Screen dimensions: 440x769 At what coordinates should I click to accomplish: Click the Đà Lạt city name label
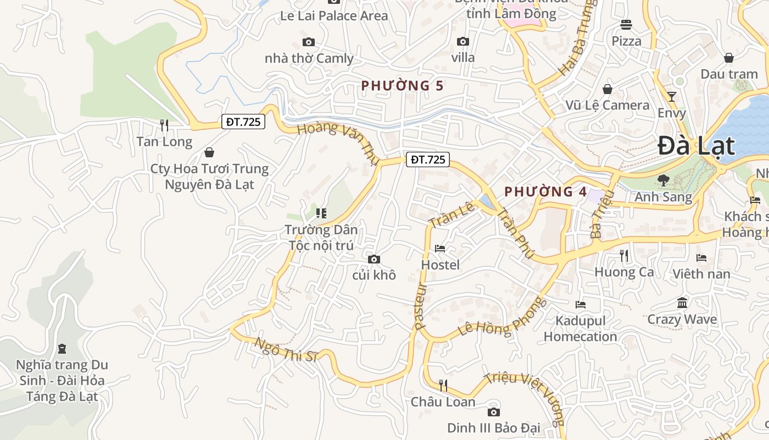coord(696,146)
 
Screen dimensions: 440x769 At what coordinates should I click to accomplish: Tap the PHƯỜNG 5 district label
coord(402,86)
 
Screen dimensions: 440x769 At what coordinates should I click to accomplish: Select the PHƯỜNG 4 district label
coord(545,192)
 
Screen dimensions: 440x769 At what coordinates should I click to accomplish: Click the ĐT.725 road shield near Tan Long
coord(243,122)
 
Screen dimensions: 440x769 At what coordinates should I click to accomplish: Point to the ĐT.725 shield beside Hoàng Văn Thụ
coord(428,160)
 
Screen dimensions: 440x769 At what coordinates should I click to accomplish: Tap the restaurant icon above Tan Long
coord(164,125)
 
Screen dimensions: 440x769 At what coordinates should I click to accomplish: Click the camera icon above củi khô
coord(374,259)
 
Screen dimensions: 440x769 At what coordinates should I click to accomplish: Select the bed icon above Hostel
coord(440,249)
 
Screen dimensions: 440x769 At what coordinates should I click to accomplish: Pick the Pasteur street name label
coord(421,306)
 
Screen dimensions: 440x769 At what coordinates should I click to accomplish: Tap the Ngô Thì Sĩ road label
coord(286,349)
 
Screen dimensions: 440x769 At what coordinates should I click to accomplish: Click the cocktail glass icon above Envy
coord(671,97)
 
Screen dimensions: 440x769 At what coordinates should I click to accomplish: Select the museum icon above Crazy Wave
coord(682,302)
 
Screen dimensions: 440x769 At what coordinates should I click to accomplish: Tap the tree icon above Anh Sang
coord(664,180)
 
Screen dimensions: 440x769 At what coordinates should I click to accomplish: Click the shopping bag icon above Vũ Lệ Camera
coord(608,89)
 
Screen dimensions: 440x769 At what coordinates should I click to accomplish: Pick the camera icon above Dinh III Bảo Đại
coord(493,412)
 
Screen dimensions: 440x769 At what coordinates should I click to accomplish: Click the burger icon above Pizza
coord(626,24)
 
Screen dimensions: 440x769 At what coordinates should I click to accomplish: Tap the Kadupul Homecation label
coord(581,328)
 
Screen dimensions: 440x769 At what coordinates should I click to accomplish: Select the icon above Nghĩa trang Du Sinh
coord(62,348)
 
